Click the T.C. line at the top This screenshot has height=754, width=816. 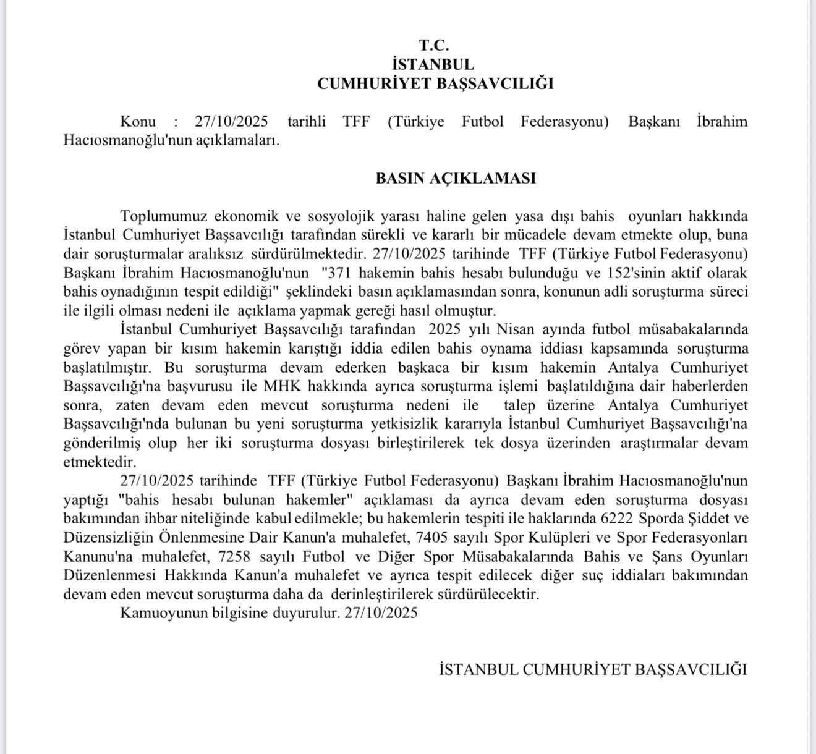(x=434, y=45)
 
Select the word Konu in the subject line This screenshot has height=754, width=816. (x=138, y=121)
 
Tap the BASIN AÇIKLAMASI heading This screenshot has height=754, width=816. (x=456, y=179)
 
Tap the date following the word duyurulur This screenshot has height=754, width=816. (x=381, y=613)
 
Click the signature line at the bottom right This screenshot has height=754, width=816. (x=593, y=669)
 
